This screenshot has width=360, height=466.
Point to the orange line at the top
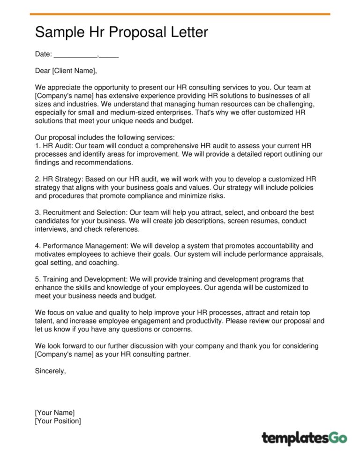(x=180, y=14)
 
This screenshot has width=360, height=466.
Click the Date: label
(x=43, y=54)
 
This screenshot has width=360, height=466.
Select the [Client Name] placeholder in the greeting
(x=74, y=71)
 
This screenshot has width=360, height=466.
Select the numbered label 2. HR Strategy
(x=58, y=179)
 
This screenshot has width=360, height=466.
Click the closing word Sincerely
(x=50, y=371)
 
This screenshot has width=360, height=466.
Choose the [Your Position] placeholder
(x=58, y=421)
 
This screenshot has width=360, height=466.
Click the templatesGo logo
(x=304, y=438)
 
